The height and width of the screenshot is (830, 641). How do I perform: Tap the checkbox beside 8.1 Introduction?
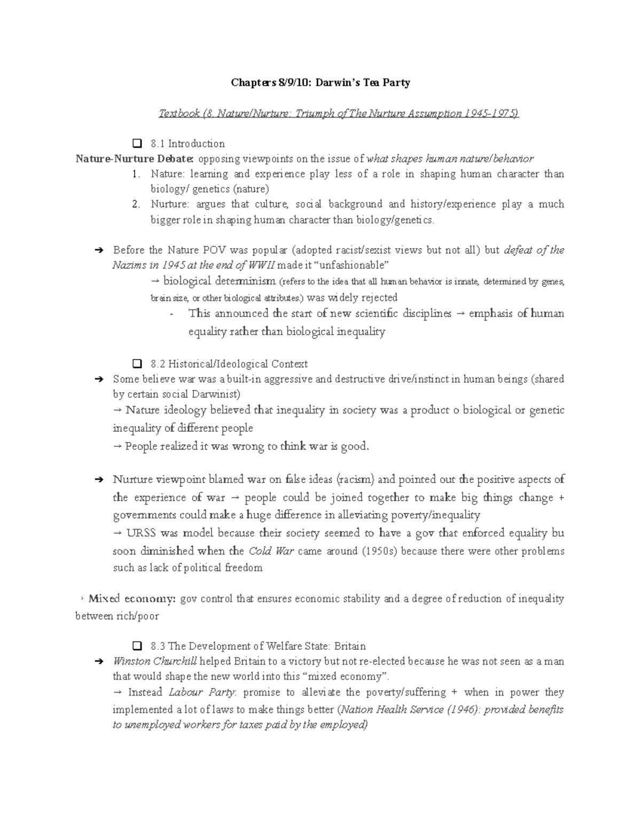pos(136,143)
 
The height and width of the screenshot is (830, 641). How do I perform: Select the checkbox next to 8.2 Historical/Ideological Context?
pos(136,364)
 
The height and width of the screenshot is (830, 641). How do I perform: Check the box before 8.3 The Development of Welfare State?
pos(136,646)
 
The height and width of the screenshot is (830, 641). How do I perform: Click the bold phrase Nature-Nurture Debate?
pos(135,159)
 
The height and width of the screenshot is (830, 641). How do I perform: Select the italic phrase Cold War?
pos(271,551)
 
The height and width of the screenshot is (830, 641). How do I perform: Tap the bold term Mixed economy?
pos(131,599)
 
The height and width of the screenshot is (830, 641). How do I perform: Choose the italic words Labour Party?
pos(201,692)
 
